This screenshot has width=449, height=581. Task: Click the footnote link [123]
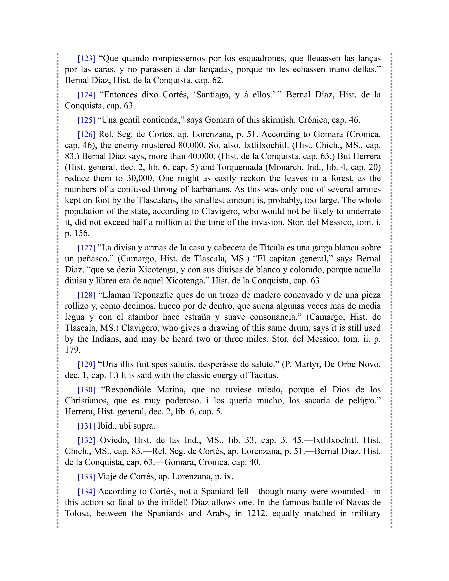(86, 58)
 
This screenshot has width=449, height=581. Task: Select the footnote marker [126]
(86, 134)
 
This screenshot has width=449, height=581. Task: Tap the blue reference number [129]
(86, 364)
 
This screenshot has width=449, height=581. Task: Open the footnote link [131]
(86, 426)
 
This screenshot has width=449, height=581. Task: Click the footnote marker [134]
(86, 491)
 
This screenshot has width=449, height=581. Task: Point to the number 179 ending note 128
(72, 350)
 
